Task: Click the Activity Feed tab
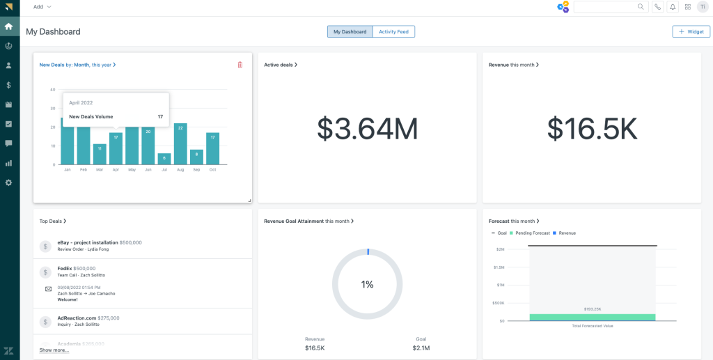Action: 393,31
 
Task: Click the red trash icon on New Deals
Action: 240,65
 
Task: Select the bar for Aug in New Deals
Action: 180,144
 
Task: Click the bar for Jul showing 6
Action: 164,159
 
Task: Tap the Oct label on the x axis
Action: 212,170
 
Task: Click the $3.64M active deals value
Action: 367,128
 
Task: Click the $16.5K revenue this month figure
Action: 591,128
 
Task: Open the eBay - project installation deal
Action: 88,242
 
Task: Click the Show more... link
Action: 54,350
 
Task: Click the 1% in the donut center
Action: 367,284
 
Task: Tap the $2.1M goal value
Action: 421,347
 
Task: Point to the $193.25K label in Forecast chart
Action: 592,308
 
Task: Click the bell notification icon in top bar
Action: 673,7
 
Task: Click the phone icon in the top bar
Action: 658,7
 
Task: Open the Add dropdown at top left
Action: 42,7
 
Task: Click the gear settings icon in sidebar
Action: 9,182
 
